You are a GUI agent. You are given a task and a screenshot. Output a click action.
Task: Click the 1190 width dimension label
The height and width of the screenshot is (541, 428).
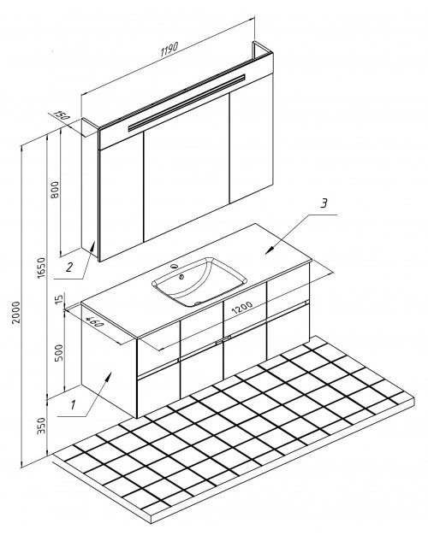[169, 49]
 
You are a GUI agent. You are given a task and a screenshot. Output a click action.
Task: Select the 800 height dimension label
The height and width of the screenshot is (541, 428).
[55, 190]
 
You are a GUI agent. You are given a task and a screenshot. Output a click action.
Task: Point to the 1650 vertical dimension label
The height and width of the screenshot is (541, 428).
[41, 268]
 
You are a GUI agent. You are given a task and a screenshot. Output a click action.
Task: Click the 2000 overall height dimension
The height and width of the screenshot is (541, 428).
[16, 313]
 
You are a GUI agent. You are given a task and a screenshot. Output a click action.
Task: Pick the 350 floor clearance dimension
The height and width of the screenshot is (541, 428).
[41, 426]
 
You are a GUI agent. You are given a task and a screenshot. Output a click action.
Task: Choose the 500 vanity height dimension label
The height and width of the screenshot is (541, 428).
[59, 353]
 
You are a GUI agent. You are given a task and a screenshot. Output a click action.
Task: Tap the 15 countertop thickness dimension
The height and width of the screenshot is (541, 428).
[59, 299]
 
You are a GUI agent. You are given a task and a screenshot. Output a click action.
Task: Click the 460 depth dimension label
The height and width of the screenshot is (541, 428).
[94, 321]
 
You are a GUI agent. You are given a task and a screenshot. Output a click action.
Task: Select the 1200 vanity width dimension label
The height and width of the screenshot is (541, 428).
[242, 308]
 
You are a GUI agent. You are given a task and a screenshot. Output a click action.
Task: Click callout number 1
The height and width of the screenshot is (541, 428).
[73, 405]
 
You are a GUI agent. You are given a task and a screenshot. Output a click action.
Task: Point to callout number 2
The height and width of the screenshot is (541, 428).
[69, 267]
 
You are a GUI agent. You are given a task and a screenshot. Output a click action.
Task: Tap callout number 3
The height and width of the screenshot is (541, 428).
[324, 203]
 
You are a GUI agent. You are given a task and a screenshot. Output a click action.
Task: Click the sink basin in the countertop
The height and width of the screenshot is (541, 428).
[199, 281]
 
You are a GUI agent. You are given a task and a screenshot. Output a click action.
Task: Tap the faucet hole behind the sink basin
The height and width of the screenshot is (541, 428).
[175, 266]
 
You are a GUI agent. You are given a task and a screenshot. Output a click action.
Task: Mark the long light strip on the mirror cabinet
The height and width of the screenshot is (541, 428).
[187, 103]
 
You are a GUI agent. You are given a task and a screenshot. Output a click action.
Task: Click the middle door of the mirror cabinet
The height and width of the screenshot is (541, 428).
[187, 168]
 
